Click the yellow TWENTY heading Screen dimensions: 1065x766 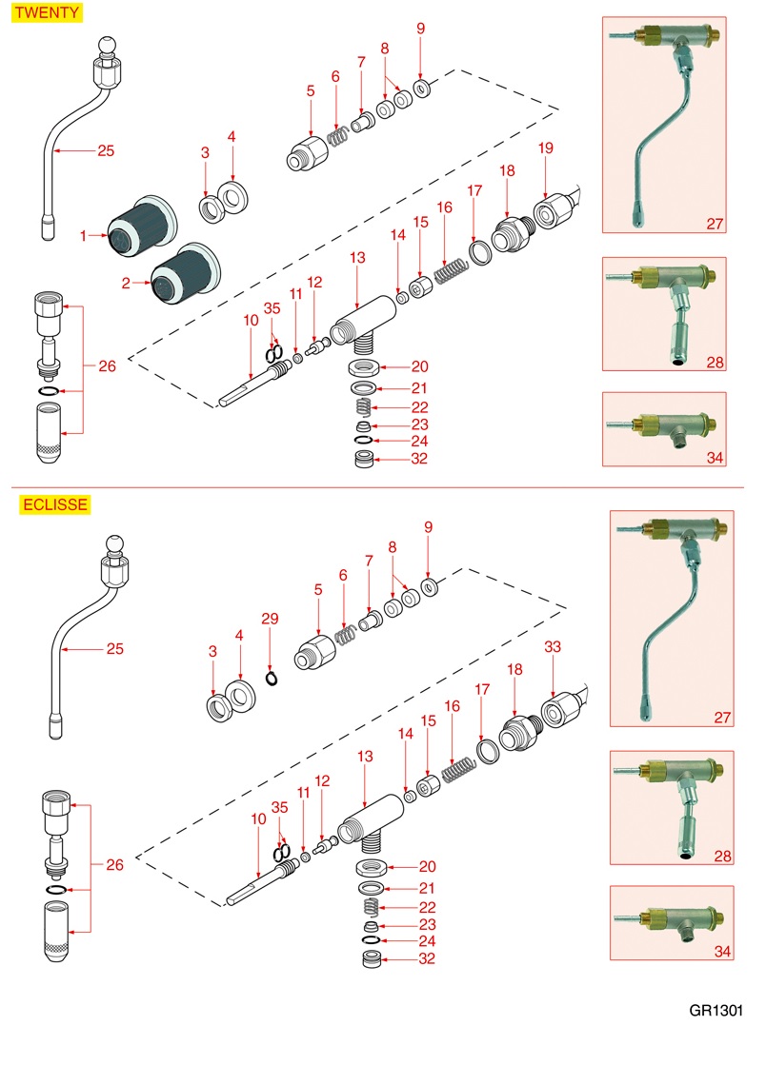coord(46,13)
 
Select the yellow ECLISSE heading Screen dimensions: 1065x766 coord(54,504)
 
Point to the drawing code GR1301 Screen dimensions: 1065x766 coord(716,1011)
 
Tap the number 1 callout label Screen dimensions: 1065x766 coord(84,235)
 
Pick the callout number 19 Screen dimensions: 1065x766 coord(545,148)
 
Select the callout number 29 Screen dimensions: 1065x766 coord(270,620)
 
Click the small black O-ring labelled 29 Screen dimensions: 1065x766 coord(272,680)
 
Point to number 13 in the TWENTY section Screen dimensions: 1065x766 coord(357,258)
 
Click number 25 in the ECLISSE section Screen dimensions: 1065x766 coord(115,649)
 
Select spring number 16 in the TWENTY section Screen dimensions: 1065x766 coord(448,270)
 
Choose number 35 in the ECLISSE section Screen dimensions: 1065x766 coord(279,806)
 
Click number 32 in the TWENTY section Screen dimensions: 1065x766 coord(418,459)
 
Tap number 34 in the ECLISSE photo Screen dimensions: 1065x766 coord(721,952)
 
